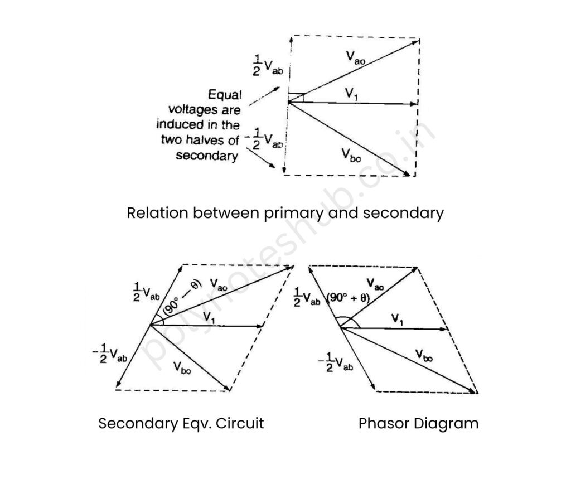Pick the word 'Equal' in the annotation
coord(224,95)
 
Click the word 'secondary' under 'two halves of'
coord(207,156)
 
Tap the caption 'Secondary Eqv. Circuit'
coord(181,423)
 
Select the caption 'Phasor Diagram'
coord(418,423)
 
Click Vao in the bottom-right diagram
coord(375,285)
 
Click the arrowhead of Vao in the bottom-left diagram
coord(291,267)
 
